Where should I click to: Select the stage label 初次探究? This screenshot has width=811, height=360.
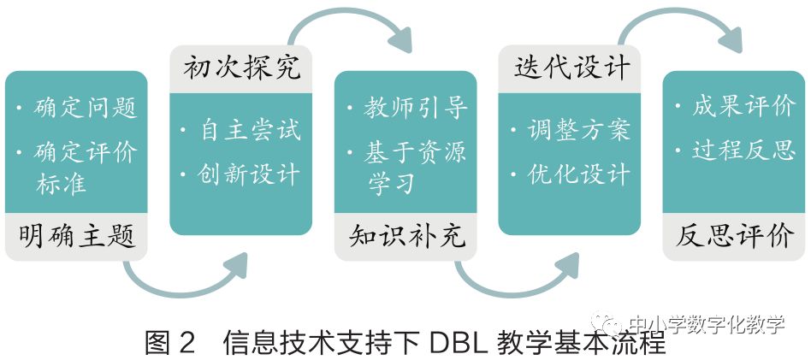point(242,68)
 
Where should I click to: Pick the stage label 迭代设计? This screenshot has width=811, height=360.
point(571,68)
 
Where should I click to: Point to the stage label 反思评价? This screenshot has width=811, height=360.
point(736,236)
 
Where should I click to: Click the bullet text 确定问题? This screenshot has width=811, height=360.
point(86,109)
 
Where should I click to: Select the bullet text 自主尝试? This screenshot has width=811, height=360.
point(251,131)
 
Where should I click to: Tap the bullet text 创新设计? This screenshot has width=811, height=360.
point(251,174)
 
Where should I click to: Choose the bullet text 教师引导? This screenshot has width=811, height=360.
point(416,109)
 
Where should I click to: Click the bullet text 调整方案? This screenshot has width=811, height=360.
point(580,131)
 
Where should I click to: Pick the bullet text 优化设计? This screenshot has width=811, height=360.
point(580,174)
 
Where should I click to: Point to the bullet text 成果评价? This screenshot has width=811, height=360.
point(743,109)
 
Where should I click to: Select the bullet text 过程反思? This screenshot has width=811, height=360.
point(743,151)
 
